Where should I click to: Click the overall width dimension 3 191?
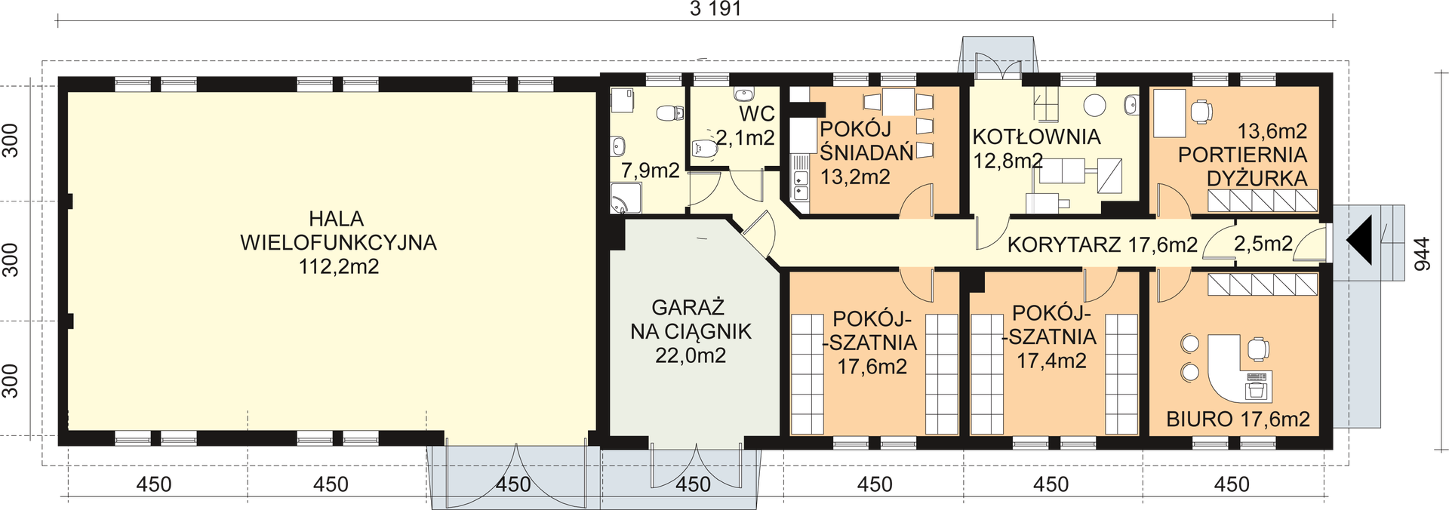(715, 9)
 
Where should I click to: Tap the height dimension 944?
(1422, 254)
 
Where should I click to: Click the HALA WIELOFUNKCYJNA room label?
(337, 231)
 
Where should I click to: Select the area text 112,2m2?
(339, 266)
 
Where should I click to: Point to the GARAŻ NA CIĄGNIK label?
(691, 319)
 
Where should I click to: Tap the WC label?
(757, 114)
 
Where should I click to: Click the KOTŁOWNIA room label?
(1036, 137)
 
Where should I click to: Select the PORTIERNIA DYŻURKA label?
(1243, 167)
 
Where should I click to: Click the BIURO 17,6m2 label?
(1238, 419)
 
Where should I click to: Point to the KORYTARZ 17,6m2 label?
(1103, 244)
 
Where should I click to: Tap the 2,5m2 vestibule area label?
(1263, 244)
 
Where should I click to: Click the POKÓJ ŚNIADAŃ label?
(866, 140)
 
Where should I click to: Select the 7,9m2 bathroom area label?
(651, 171)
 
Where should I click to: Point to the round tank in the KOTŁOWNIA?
(1094, 105)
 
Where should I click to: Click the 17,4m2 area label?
(1051, 361)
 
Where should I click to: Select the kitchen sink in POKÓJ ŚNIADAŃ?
(801, 186)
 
